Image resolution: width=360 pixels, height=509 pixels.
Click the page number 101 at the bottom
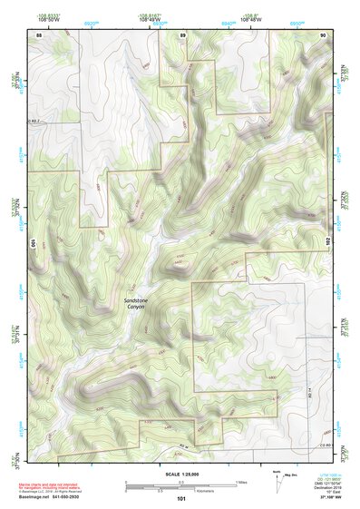click(x=181, y=498)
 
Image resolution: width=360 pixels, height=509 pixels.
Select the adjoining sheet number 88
click(x=39, y=34)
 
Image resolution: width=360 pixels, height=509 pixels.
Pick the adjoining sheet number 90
click(x=323, y=34)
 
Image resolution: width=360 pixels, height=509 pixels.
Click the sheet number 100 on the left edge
click(x=32, y=243)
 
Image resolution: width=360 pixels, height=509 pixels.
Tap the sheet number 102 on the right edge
click(x=328, y=243)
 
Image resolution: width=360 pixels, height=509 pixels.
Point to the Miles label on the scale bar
click(x=240, y=480)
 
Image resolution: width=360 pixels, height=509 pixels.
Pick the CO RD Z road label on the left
click(x=35, y=121)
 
